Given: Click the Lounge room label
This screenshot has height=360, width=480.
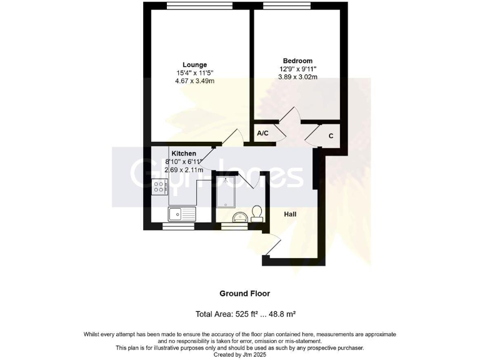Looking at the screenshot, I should click(x=194, y=64).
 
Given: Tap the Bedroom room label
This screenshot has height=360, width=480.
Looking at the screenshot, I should click(x=297, y=61).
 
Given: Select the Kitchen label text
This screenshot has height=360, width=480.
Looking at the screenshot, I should click(x=184, y=153).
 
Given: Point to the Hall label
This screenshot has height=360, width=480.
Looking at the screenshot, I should click(x=290, y=214).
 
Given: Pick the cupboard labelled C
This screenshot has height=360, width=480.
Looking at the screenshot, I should click(x=331, y=136).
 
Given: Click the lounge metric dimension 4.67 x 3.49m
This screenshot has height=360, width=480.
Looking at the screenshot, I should click(x=194, y=81).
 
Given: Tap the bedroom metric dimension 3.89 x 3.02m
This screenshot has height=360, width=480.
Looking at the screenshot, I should click(x=297, y=77).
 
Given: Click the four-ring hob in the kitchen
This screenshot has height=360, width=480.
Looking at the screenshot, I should click(x=159, y=185).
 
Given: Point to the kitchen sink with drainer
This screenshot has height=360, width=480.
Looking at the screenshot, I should click(x=182, y=214).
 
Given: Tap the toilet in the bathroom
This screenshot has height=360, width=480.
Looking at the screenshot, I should click(x=256, y=213).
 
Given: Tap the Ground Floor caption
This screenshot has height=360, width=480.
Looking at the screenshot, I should click(x=244, y=293).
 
